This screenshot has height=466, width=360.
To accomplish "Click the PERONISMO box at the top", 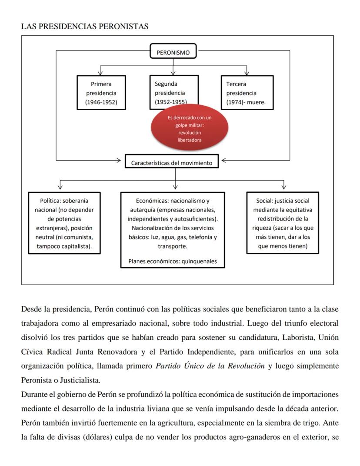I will [173, 53].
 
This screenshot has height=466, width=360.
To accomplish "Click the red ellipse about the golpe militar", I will [189, 129].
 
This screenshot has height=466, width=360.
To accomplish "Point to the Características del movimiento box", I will [172, 163].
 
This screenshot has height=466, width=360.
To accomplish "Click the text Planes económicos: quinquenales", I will [173, 261].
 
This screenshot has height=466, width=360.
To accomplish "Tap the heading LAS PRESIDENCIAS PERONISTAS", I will [85, 27].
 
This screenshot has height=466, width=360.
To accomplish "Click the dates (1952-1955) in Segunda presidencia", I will [170, 102].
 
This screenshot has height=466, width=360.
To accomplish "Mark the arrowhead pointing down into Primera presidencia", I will [101, 73].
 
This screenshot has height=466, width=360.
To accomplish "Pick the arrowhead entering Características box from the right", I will [223, 161].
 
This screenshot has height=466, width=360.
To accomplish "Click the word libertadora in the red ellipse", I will [189, 140].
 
